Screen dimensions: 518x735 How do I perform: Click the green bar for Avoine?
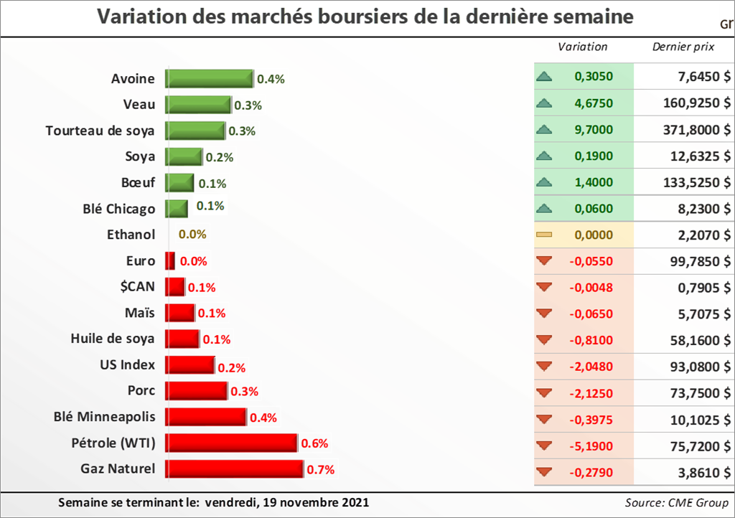tap(209, 78)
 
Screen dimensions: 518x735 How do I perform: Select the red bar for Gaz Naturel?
tap(234, 470)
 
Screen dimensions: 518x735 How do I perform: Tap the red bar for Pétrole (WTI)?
tap(231, 443)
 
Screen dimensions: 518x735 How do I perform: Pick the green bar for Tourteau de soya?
tap(195, 131)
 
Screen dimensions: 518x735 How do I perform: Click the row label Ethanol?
tap(131, 235)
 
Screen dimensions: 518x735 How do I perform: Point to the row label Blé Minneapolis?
tap(105, 417)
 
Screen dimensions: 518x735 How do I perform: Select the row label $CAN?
tap(139, 287)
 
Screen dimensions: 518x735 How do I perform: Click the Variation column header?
tap(582, 47)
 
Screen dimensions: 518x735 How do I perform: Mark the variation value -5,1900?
tap(591, 446)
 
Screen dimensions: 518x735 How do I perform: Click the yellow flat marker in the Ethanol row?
tap(543, 235)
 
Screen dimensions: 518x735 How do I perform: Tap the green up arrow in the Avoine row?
tap(543, 77)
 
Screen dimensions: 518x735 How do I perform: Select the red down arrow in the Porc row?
tap(543, 393)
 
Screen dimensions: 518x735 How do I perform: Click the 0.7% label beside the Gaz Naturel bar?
tap(320, 471)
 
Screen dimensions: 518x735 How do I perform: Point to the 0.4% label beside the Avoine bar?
tap(271, 79)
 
